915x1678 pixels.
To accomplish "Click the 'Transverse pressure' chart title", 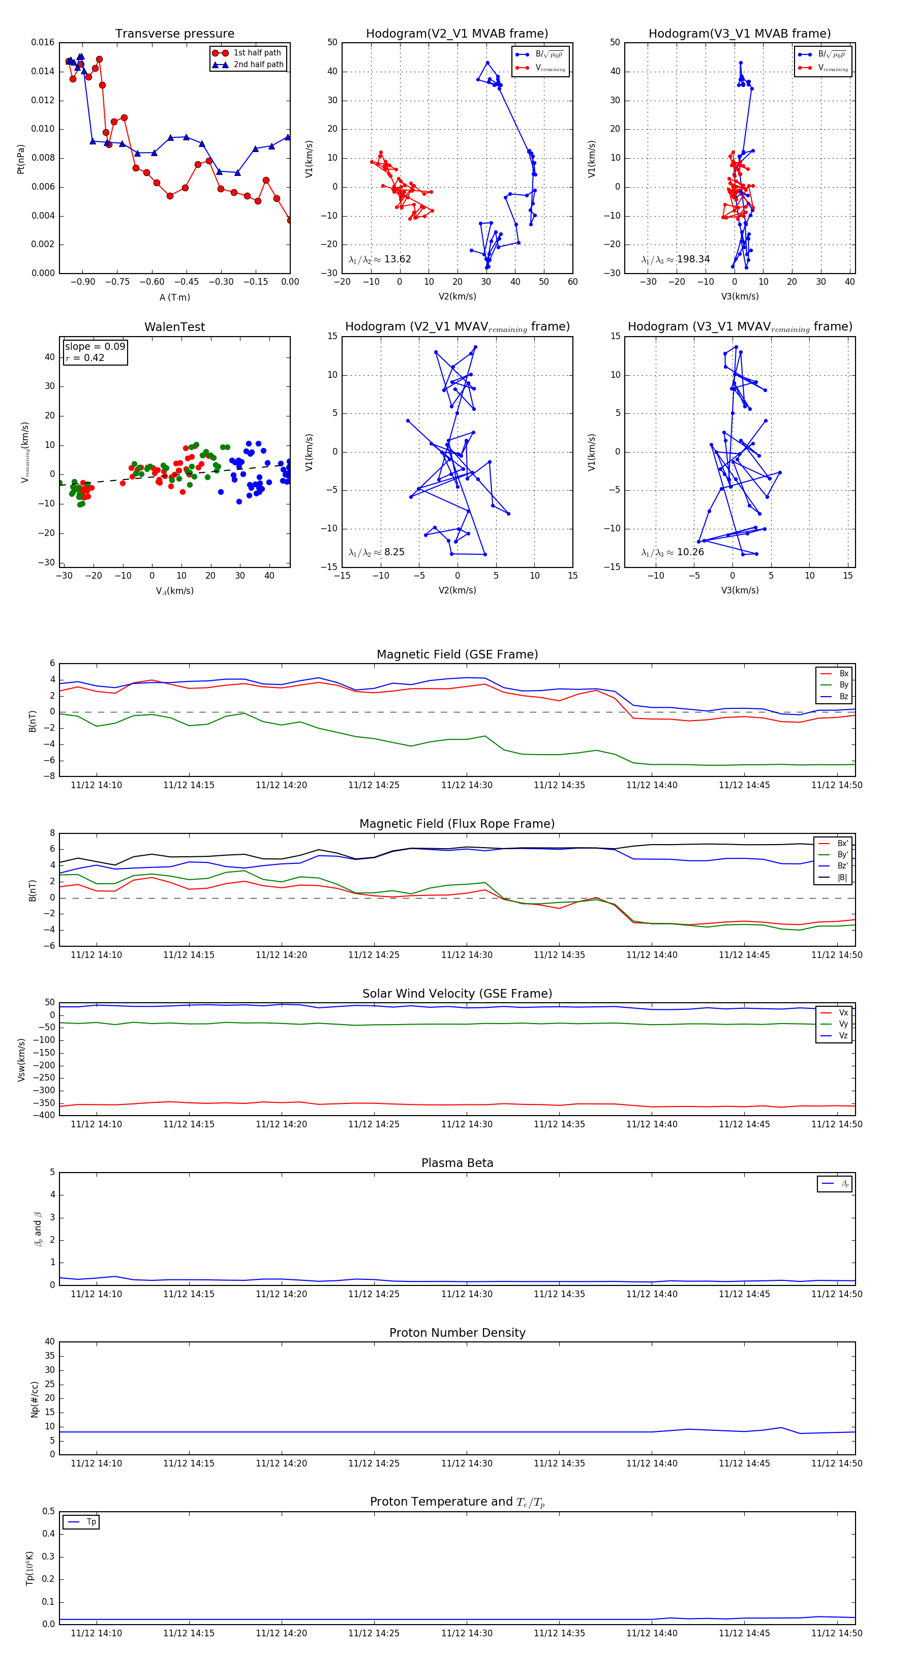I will pyautogui.click(x=174, y=34).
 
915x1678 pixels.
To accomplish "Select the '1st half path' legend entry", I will pyautogui.click(x=257, y=53).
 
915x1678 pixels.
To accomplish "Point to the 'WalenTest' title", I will pyautogui.click(x=174, y=327).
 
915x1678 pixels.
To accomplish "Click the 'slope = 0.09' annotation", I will pyautogui.click(x=95, y=347).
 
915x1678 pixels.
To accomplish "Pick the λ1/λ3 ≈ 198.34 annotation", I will pyautogui.click(x=676, y=259).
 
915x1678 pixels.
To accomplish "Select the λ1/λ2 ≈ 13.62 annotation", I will pyautogui.click(x=380, y=259).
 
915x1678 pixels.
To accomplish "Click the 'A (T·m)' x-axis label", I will pyautogui.click(x=174, y=297).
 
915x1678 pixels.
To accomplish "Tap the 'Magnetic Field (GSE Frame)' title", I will pyautogui.click(x=457, y=654).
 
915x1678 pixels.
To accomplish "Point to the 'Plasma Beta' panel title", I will pyautogui.click(x=457, y=1163).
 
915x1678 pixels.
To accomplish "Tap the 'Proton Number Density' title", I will pyautogui.click(x=457, y=1333).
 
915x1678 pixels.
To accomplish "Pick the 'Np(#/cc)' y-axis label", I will pyautogui.click(x=35, y=1399).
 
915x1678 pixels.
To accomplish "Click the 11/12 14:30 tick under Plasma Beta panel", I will pyautogui.click(x=466, y=1294).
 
